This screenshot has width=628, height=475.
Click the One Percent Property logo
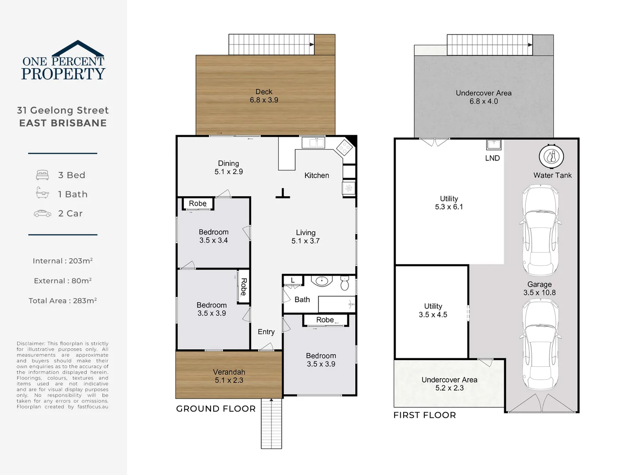click(63, 62)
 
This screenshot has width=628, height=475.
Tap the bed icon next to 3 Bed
click(42, 175)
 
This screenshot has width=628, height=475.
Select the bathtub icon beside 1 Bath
click(42, 194)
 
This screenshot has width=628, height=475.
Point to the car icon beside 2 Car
click(42, 214)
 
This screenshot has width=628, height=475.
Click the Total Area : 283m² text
click(62, 301)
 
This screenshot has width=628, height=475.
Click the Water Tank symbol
click(551, 156)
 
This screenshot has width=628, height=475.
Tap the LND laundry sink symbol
click(493, 144)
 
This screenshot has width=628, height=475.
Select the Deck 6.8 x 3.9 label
click(264, 96)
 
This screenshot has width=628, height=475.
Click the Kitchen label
click(317, 175)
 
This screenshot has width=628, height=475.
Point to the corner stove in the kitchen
click(344, 147)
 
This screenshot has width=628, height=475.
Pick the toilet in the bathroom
click(345, 284)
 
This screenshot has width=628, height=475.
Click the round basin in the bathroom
click(322, 281)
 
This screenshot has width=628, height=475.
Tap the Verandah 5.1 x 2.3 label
click(229, 376)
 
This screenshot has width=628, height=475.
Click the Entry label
click(266, 332)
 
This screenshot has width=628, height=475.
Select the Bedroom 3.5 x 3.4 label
click(213, 236)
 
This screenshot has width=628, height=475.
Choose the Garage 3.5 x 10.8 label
click(539, 289)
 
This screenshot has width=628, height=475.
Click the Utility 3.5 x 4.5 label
click(433, 311)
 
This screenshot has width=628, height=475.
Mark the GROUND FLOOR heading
click(216, 409)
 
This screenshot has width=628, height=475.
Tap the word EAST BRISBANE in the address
click(63, 123)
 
